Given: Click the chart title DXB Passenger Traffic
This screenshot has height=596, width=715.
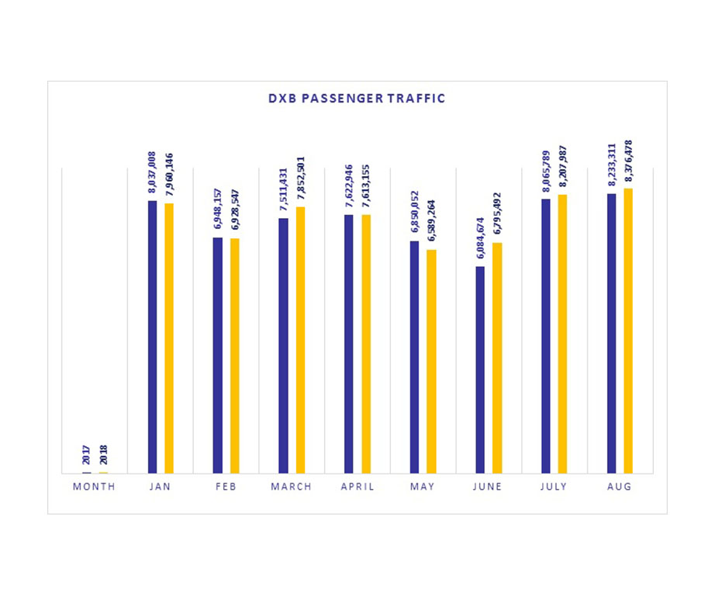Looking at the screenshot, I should [357, 99].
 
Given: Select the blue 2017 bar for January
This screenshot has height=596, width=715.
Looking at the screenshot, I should [152, 337].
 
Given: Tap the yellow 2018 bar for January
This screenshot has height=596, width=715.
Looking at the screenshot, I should [169, 338].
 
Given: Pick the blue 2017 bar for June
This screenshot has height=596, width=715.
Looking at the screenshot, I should [480, 369].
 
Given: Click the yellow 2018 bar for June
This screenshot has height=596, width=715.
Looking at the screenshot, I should [497, 358].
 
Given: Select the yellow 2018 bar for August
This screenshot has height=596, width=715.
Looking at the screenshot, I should [628, 331].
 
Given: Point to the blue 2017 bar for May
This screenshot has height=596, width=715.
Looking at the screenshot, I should [414, 357].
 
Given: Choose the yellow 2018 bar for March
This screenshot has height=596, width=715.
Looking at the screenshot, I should [300, 340].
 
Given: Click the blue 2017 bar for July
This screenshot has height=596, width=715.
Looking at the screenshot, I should [546, 336].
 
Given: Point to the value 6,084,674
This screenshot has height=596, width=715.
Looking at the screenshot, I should [480, 240].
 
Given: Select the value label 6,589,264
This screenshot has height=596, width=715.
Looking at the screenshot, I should [431, 223].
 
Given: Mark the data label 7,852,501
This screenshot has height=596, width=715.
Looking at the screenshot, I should [300, 180].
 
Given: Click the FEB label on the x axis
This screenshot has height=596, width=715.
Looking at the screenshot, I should [226, 487].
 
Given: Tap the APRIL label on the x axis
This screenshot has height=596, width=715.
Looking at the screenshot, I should [357, 487].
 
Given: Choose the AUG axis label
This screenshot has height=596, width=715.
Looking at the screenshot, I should [620, 487].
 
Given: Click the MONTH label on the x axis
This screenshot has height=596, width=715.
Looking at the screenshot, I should [94, 487].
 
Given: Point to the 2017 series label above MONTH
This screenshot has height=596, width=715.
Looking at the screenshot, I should [87, 456].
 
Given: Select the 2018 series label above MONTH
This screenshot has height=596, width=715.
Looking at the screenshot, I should [103, 456].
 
